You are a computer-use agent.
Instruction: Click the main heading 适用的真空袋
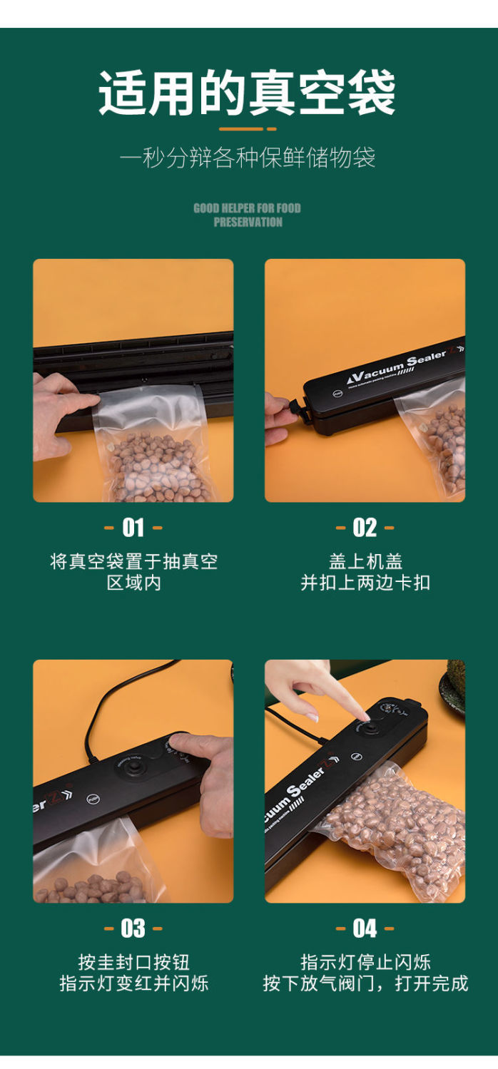point(247,92)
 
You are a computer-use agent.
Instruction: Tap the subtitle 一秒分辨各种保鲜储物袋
point(248,158)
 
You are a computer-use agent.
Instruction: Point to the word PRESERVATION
point(248,222)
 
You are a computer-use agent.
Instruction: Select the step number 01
point(133,528)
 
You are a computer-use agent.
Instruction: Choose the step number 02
point(365,528)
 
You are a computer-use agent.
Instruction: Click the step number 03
point(133,929)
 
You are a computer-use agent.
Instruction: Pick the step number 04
point(365,929)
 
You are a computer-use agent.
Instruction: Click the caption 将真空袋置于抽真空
point(133,561)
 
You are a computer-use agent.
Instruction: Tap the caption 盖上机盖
point(365,561)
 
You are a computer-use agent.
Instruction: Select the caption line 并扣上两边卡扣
point(365,583)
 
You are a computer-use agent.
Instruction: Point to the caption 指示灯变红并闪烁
point(133,983)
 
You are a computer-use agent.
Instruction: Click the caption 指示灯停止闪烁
point(365,962)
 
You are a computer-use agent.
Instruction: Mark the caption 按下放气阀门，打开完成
point(365,983)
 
